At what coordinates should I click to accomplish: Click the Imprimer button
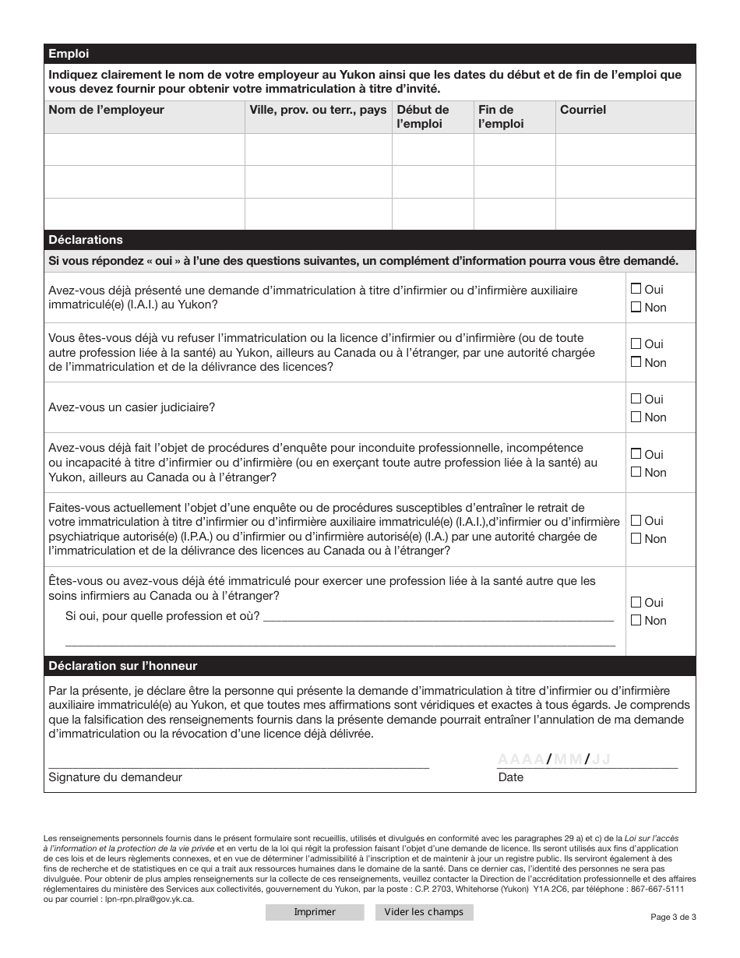(315, 912)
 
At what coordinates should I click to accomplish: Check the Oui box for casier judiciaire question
(636, 399)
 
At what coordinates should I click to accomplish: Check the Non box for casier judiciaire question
(636, 417)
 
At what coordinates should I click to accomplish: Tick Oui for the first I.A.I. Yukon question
(636, 289)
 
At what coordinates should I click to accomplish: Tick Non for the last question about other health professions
(636, 620)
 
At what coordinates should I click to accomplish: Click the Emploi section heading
(69, 54)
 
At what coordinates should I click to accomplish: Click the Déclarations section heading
(86, 240)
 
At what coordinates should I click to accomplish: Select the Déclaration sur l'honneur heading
(122, 666)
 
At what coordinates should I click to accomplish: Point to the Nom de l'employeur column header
(106, 110)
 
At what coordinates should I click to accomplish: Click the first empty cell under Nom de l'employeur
(144, 150)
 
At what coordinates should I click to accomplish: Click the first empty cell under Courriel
(625, 150)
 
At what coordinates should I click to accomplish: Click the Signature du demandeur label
(115, 777)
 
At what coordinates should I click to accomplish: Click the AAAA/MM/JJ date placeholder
(554, 760)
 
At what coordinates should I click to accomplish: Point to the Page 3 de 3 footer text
(673, 917)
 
